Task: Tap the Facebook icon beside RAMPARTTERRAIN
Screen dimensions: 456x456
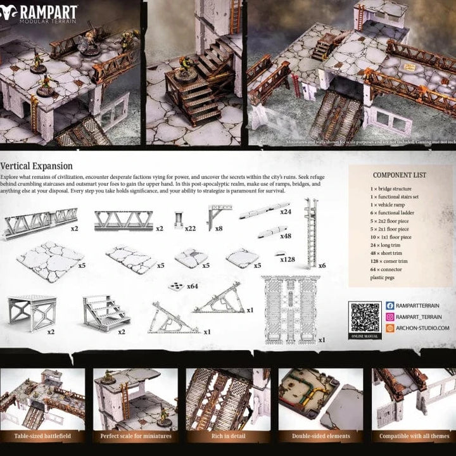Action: (390, 306)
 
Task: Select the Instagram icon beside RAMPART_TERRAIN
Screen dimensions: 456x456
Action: (390, 317)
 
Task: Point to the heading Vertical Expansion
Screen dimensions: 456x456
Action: (39, 163)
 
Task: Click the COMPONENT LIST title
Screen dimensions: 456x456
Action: (399, 175)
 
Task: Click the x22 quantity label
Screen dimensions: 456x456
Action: (190, 228)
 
